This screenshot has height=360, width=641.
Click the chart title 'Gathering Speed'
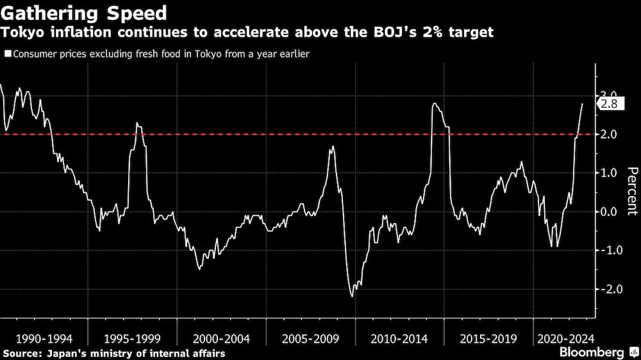(x=85, y=13)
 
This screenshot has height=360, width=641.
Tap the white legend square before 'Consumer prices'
(x=7, y=54)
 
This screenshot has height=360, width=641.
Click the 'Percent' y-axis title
(x=631, y=190)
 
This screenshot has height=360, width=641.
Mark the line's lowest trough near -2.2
(x=352, y=296)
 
